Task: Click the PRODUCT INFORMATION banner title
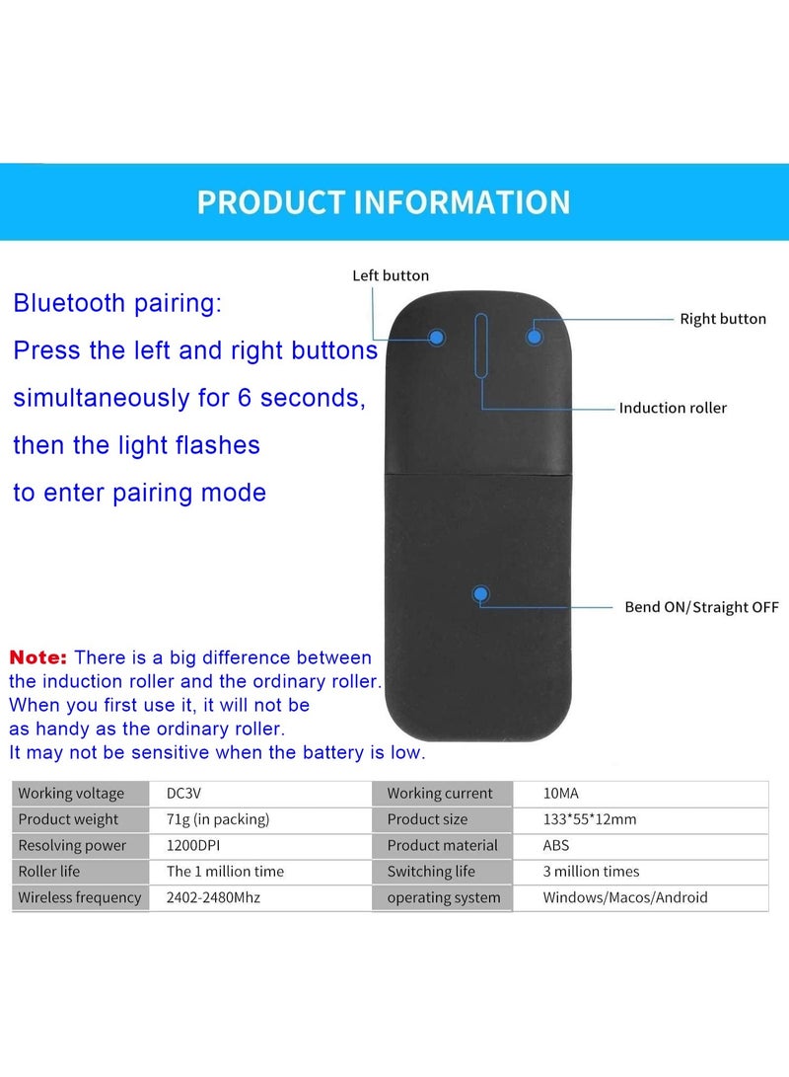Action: tap(384, 202)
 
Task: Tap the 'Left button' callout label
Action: tap(391, 276)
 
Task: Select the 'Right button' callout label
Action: tap(723, 319)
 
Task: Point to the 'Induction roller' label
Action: tap(673, 408)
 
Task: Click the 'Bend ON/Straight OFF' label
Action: tap(701, 607)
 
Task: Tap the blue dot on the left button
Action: tap(437, 338)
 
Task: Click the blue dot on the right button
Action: tap(534, 337)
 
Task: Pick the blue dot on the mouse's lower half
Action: tap(481, 594)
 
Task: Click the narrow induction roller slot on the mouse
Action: tap(480, 346)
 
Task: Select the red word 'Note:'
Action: tap(38, 657)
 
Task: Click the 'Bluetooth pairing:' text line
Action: tap(117, 303)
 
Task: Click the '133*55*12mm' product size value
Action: tap(590, 819)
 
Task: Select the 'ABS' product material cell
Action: tap(556, 846)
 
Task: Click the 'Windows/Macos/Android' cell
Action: tap(625, 898)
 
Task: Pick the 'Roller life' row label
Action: tap(49, 872)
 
